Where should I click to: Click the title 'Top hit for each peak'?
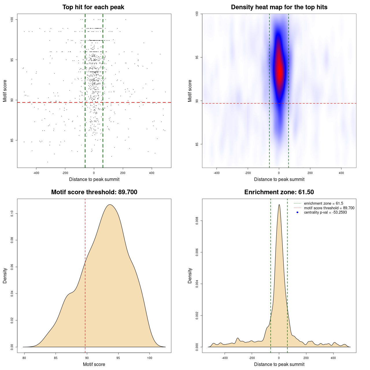[93, 7]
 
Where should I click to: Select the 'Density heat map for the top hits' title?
[279, 7]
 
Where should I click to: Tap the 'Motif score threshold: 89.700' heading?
[94, 192]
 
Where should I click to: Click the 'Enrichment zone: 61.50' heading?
[279, 192]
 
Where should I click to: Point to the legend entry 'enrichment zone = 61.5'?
[323, 203]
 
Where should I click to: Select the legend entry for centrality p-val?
[325, 212]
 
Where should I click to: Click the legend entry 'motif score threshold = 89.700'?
[329, 208]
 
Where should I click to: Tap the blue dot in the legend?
[297, 212]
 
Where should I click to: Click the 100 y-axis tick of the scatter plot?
[12, 19]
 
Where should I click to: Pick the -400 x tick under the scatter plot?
[36, 173]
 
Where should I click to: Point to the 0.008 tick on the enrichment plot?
[197, 221]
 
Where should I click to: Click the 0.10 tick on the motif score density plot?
[12, 214]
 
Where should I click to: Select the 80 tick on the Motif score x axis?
[24, 358]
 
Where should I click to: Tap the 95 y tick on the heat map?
[197, 57]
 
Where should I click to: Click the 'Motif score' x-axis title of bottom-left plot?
[94, 364]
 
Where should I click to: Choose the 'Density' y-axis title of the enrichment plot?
[190, 275]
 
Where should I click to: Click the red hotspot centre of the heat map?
[279, 69]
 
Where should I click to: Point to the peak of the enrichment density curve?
[279, 205]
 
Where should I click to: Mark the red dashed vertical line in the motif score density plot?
[85, 275]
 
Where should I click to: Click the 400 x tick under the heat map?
[341, 173]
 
